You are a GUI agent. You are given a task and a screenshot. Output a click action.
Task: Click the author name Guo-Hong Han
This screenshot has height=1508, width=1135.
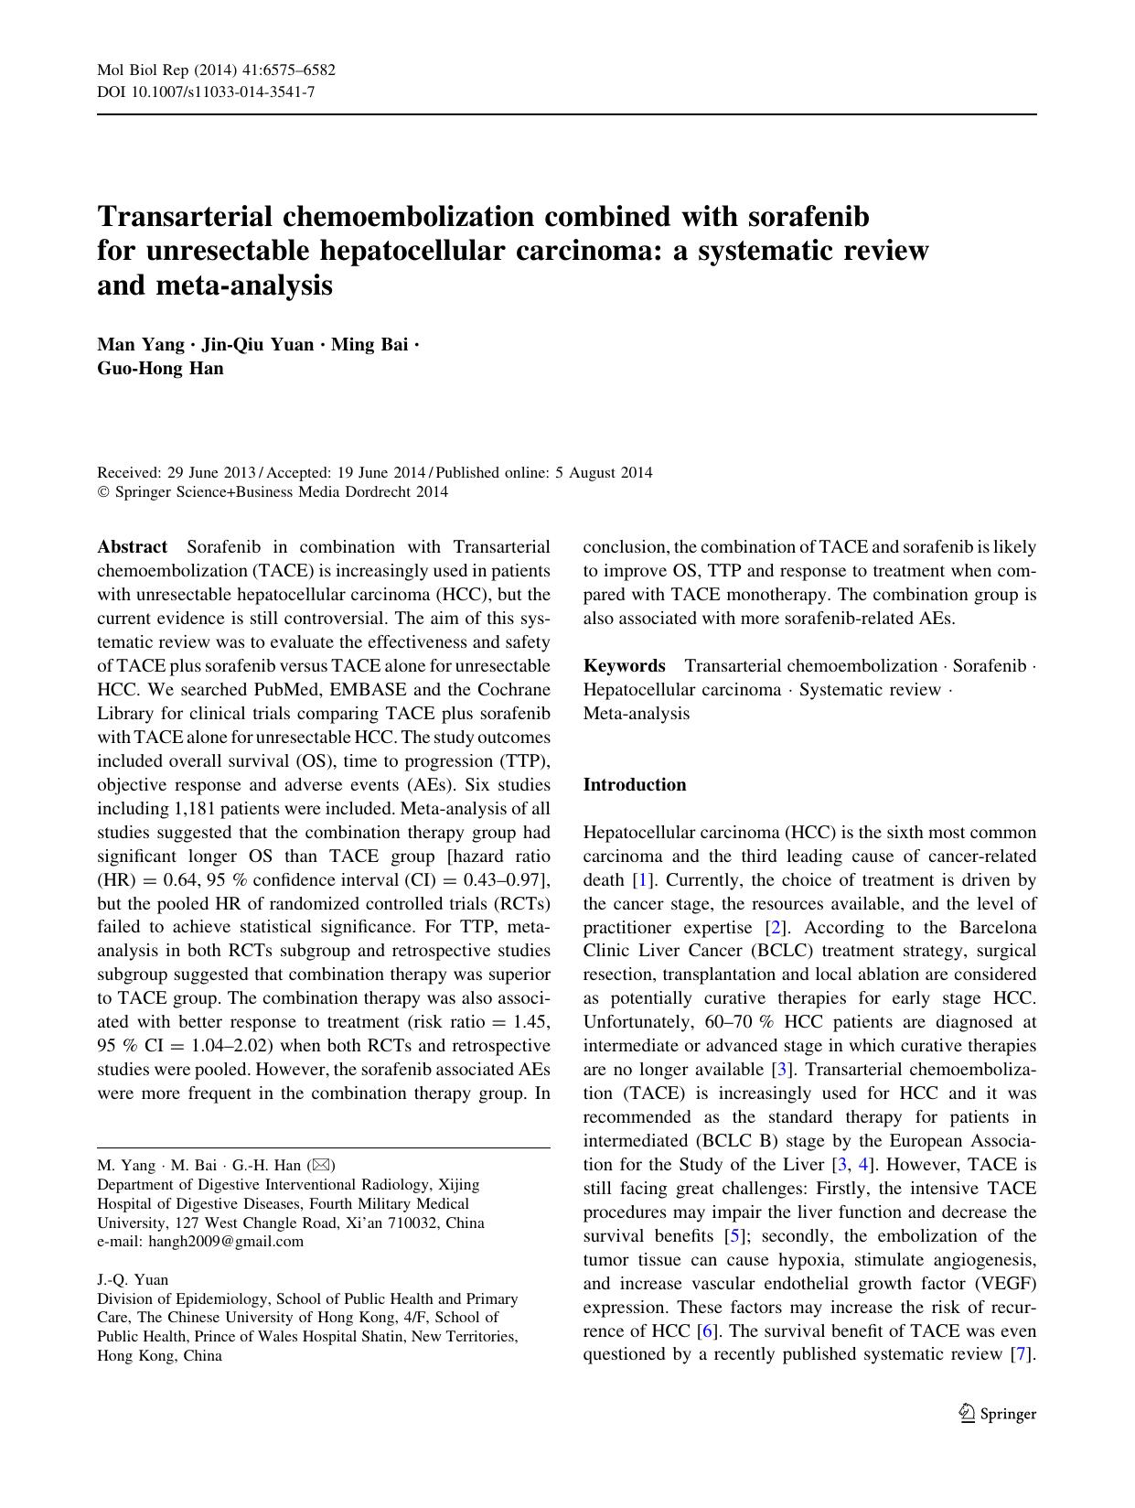[x=160, y=369]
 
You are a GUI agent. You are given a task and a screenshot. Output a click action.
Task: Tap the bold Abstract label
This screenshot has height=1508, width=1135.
[x=133, y=547]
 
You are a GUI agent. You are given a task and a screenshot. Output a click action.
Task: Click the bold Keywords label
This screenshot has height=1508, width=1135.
[x=624, y=666]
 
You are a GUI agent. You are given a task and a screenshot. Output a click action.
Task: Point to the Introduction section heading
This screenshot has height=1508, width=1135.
[x=635, y=785]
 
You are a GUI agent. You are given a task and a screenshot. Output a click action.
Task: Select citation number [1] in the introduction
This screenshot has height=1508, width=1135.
[x=643, y=880]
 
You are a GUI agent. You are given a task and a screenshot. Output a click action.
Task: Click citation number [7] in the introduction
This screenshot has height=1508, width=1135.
[x=1022, y=1355]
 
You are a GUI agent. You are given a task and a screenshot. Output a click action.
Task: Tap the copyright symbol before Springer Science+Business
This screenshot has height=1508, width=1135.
[x=102, y=492]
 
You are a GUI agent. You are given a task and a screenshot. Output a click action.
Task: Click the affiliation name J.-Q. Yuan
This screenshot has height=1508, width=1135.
[x=133, y=1280]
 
